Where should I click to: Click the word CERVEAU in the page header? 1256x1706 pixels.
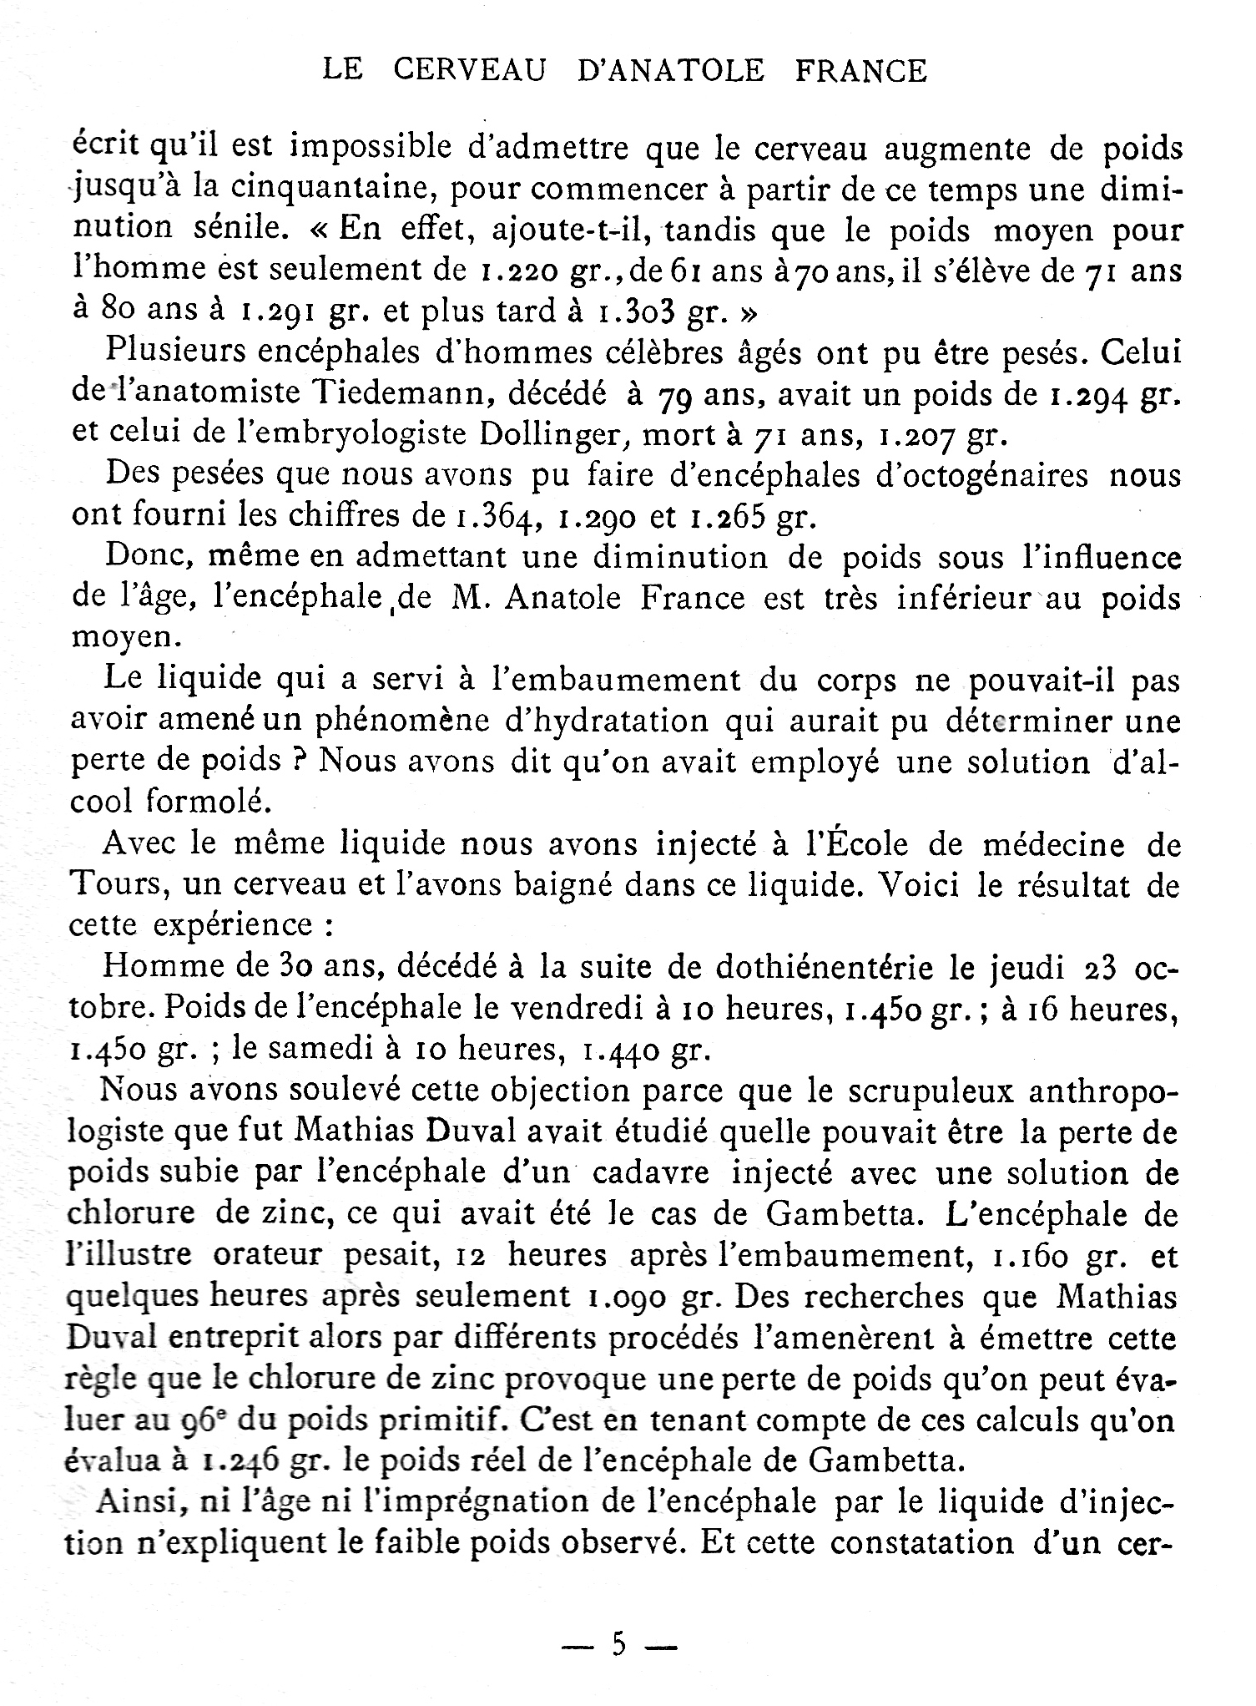(470, 71)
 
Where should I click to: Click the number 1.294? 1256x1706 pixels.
(1085, 392)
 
